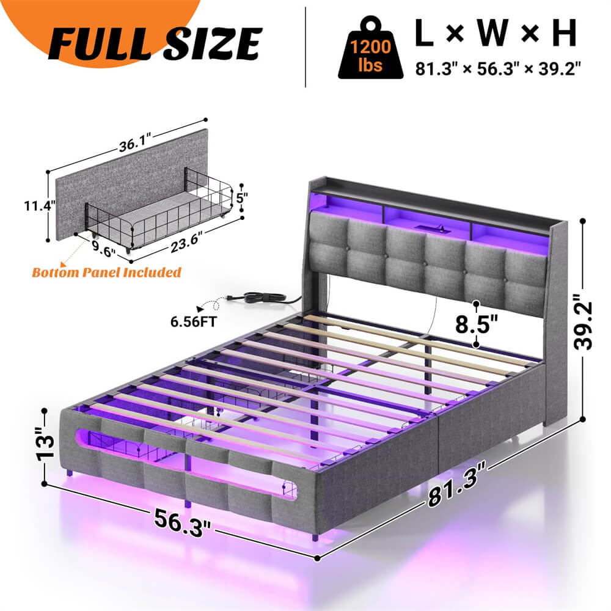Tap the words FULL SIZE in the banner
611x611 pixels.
point(156,42)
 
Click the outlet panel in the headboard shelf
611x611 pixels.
point(424,229)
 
